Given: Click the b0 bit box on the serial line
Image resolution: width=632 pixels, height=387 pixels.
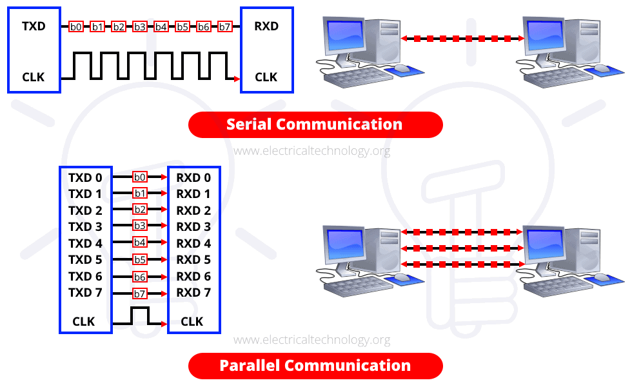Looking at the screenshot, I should click(x=76, y=26).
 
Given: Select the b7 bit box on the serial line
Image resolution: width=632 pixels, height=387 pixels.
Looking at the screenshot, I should click(x=224, y=26).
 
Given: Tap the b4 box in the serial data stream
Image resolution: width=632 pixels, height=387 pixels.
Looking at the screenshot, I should click(x=161, y=26).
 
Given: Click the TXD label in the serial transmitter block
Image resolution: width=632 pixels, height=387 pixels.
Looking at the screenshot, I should click(x=34, y=27).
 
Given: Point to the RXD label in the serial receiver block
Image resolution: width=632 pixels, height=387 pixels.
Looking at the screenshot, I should click(x=266, y=27).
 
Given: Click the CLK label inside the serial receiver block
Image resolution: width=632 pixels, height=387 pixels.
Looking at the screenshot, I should click(x=266, y=77).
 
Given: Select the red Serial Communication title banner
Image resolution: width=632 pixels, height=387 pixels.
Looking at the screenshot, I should click(x=315, y=124).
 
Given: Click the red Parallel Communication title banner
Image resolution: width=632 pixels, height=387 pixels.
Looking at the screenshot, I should click(x=315, y=366).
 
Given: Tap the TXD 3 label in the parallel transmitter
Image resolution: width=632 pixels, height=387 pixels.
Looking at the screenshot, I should click(x=85, y=227).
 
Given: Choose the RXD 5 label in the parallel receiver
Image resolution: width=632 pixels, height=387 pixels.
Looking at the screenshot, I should click(x=193, y=260).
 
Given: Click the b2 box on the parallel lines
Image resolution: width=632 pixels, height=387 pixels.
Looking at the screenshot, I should click(x=140, y=210).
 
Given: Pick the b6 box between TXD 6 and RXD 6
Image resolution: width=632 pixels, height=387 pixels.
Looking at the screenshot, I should click(x=140, y=277).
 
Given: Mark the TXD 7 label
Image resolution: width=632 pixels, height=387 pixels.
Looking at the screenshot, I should click(x=85, y=293).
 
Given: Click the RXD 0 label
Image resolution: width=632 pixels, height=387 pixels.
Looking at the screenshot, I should click(x=193, y=177).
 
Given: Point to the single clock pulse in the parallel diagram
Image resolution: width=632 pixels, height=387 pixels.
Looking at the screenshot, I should click(x=140, y=314).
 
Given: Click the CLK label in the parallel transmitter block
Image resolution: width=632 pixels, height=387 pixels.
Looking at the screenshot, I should click(x=84, y=321).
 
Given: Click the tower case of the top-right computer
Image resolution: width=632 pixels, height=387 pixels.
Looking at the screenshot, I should click(x=581, y=42).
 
